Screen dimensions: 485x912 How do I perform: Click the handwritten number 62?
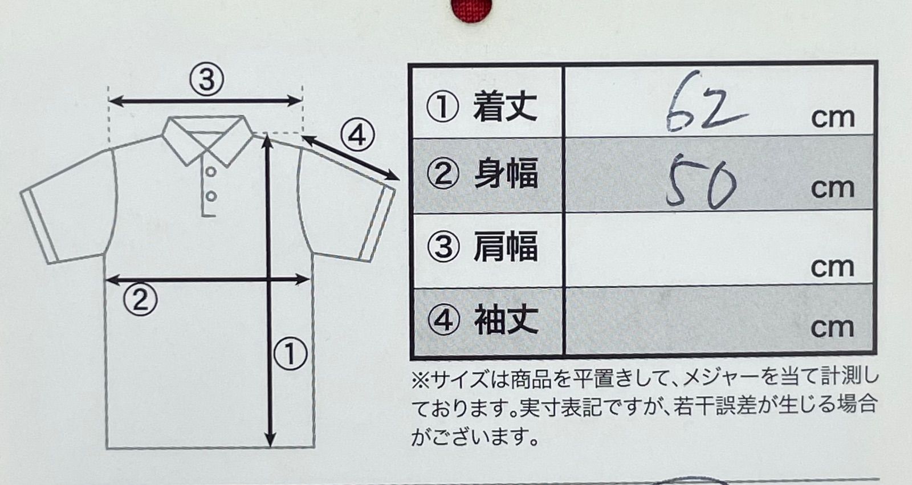(704, 109)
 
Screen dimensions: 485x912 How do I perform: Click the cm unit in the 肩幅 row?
(832, 267)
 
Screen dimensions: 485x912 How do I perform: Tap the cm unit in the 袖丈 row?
(832, 328)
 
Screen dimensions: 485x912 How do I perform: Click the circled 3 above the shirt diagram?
(206, 79)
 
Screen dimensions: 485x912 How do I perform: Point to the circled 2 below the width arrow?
(140, 299)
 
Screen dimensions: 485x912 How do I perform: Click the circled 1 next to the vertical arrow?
(290, 353)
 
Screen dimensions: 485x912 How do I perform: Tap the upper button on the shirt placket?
(210, 171)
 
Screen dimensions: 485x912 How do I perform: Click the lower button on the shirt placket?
(210, 196)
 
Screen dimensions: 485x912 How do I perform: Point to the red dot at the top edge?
(465, 8)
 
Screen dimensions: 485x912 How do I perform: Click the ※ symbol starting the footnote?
(421, 379)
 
